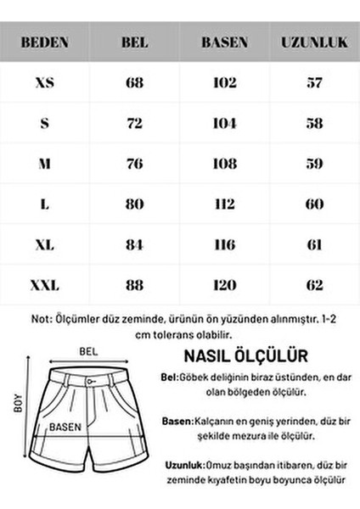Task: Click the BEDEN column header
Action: pyautogui.click(x=45, y=42)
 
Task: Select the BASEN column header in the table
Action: pyautogui.click(x=224, y=42)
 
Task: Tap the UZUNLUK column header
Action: pyautogui.click(x=314, y=42)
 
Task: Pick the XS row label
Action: pyautogui.click(x=45, y=83)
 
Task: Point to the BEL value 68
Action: pyautogui.click(x=134, y=83)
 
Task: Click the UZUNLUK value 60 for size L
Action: pyautogui.click(x=314, y=205)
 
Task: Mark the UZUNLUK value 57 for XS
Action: pyautogui.click(x=314, y=83)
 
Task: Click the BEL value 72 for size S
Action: pyautogui.click(x=134, y=124)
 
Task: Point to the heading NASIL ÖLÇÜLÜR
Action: pyautogui.click(x=245, y=355)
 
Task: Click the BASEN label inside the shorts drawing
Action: pyautogui.click(x=65, y=428)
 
